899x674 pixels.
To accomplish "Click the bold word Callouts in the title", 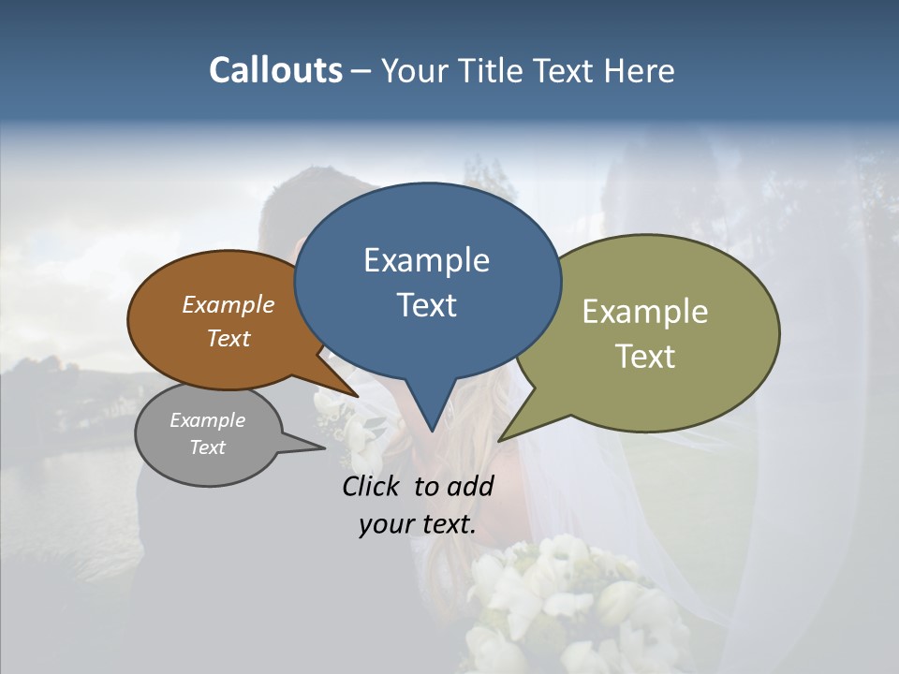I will tap(275, 70).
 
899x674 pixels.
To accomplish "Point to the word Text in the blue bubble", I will tap(426, 304).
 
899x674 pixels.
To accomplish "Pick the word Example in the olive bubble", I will tap(645, 312).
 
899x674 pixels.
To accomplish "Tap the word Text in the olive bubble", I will tap(645, 356).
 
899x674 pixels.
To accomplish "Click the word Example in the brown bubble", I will tap(228, 304).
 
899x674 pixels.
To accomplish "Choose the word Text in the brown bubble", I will tap(228, 338).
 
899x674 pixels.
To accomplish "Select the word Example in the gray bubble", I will tap(208, 420).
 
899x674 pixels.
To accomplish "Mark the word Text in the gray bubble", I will tap(208, 447).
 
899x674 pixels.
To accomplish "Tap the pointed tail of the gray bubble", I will tap(314, 447).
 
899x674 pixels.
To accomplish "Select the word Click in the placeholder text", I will tap(371, 486).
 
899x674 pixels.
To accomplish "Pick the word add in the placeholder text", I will tap(470, 486).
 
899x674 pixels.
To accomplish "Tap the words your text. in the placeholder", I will tap(418, 524).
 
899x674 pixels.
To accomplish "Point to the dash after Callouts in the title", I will tap(361, 71).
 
